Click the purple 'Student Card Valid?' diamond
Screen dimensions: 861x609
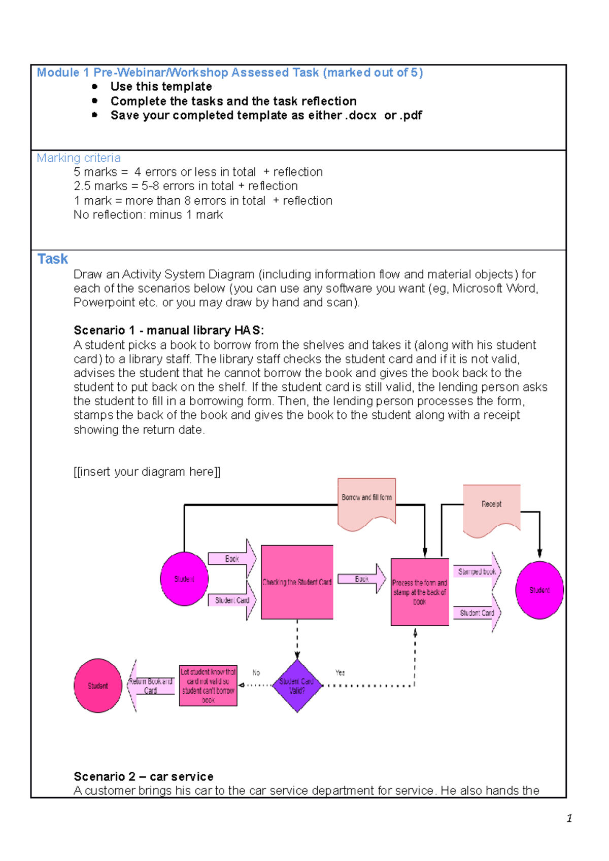[x=297, y=686]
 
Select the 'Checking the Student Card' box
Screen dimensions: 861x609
[x=297, y=582]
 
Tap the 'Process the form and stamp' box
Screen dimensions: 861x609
[x=420, y=592]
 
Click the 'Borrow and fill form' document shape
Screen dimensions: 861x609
[x=366, y=502]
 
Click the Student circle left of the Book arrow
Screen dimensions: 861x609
[x=184, y=579]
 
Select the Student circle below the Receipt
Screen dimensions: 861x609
[x=539, y=590]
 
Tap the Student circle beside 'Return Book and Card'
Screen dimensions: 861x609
[x=98, y=686]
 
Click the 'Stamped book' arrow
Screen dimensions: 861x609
[x=477, y=572]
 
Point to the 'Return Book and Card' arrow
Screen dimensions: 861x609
[x=150, y=686]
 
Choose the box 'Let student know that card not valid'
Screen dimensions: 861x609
[x=208, y=686]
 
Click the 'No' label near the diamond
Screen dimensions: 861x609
[x=256, y=672]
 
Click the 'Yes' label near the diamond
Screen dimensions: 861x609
[x=340, y=672]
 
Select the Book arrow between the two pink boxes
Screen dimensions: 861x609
[x=361, y=579]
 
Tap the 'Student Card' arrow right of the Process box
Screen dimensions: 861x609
[x=477, y=613]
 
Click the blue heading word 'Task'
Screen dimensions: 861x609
[x=52, y=259]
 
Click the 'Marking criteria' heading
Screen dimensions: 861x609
[x=79, y=158]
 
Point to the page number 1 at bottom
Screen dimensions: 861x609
[x=569, y=818]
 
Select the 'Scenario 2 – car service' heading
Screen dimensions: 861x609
[x=143, y=776]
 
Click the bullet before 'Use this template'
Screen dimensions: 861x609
[x=94, y=87]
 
